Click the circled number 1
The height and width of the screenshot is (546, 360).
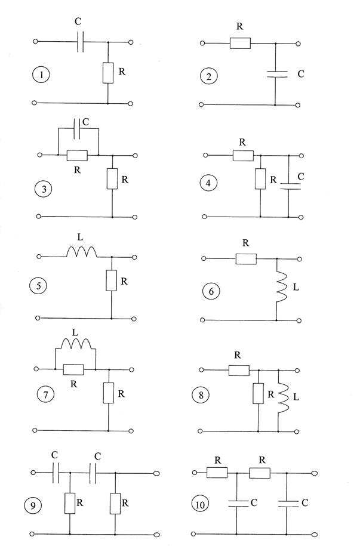41,75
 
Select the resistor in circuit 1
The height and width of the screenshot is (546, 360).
107,72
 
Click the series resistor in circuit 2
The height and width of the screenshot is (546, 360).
240,43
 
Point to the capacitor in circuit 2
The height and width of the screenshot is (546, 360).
275,75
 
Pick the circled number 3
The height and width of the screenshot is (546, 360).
43,190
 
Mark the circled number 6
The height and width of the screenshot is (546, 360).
212,292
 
